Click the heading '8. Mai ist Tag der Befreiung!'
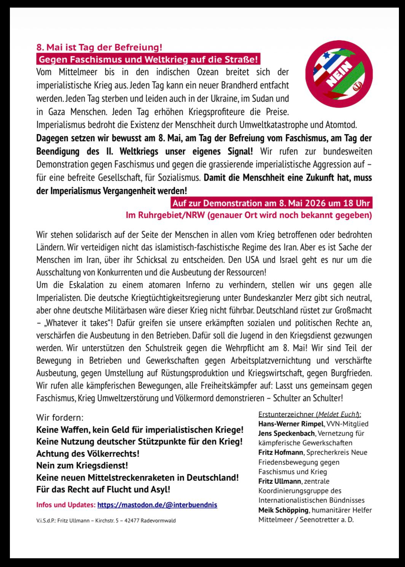[99, 48]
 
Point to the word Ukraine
[223, 99]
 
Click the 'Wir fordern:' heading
[60, 418]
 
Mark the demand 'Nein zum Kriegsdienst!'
[82, 465]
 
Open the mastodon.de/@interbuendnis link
[157, 505]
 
